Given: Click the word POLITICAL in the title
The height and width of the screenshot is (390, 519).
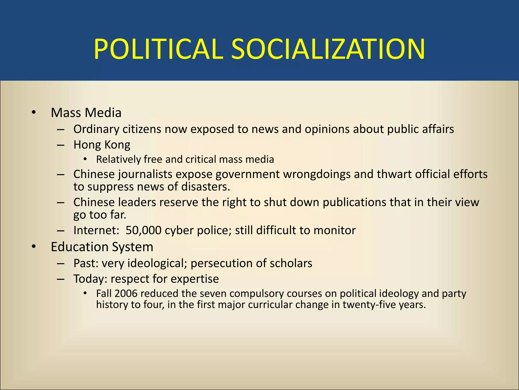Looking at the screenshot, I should [158, 49].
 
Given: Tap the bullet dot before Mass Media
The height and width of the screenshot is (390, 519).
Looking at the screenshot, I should [34, 112].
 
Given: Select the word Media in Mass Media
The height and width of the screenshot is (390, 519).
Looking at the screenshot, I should [106, 113].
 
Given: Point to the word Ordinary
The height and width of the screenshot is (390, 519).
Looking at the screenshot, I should [96, 129].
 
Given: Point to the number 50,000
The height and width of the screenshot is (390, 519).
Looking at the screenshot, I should [143, 231].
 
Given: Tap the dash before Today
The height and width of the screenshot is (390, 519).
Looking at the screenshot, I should [61, 279].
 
